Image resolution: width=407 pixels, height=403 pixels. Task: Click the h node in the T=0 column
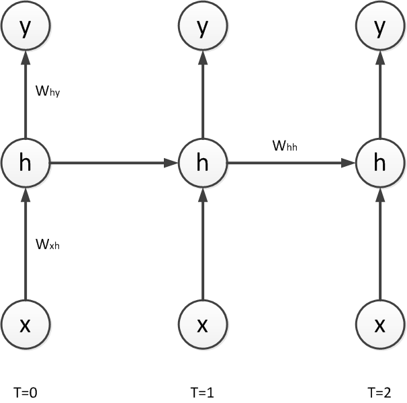26,162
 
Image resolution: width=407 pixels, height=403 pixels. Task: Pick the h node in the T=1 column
202,162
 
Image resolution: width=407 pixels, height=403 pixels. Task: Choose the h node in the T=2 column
379,162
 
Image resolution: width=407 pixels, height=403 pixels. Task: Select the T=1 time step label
203,390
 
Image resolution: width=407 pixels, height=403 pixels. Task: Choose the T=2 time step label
379,390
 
